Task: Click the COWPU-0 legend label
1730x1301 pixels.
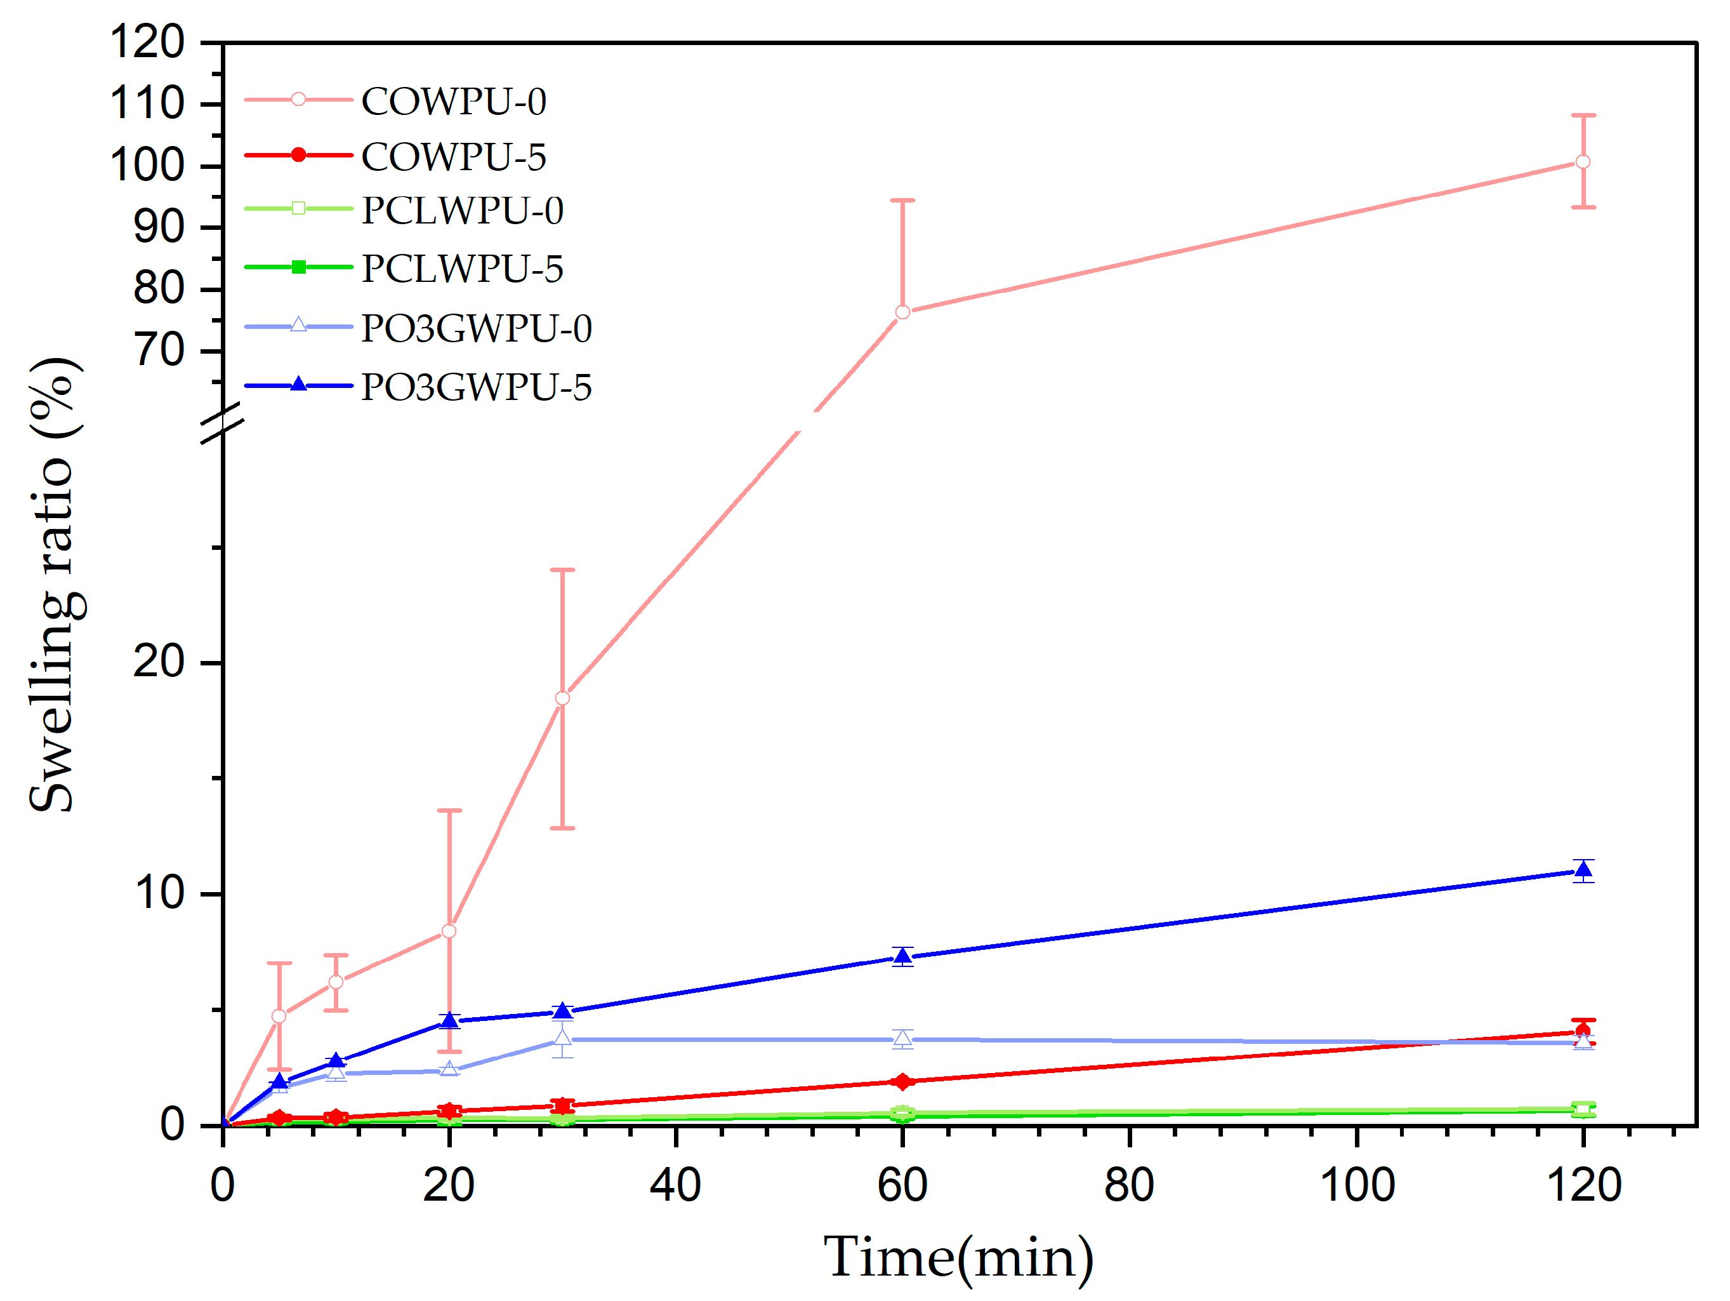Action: pyautogui.click(x=454, y=102)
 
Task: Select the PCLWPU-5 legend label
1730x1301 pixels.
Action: pyautogui.click(x=462, y=269)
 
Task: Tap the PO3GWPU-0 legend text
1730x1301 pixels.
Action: pyautogui.click(x=477, y=328)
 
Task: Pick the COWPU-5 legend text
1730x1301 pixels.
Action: pyautogui.click(x=454, y=157)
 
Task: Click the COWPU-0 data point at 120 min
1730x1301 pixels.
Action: pyautogui.click(x=1583, y=162)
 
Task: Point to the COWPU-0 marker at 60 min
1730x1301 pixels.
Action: pyautogui.click(x=902, y=312)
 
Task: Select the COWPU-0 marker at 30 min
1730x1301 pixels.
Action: pyautogui.click(x=562, y=698)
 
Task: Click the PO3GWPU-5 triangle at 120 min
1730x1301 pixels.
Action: pyautogui.click(x=1583, y=870)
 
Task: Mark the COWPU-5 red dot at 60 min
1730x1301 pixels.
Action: pyautogui.click(x=902, y=1081)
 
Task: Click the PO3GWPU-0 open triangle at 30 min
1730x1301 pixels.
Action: pyautogui.click(x=562, y=1038)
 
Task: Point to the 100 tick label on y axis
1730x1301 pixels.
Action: pyautogui.click(x=147, y=166)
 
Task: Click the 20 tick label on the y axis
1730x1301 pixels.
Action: pyautogui.click(x=159, y=662)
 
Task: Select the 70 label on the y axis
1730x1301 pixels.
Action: pyautogui.click(x=159, y=350)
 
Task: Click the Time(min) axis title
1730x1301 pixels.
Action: pyautogui.click(x=959, y=1258)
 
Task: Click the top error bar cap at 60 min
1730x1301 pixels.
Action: pyautogui.click(x=902, y=201)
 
